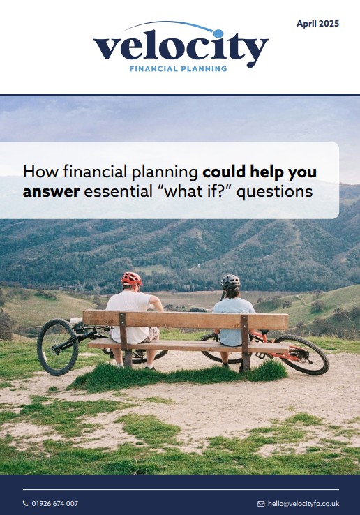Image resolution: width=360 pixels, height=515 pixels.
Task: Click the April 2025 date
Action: (x=317, y=24)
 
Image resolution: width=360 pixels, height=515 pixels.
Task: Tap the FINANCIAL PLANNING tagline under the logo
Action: (x=179, y=68)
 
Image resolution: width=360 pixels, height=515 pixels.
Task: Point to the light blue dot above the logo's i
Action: (x=218, y=33)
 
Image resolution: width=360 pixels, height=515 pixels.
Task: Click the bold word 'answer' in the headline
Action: (x=51, y=192)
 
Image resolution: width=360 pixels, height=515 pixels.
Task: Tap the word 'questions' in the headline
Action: (x=274, y=192)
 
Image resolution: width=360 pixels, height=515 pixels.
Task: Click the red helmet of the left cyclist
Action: (x=132, y=278)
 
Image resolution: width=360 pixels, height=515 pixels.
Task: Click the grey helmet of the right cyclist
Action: (x=230, y=282)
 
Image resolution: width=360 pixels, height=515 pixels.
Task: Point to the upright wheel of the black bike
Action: (x=57, y=347)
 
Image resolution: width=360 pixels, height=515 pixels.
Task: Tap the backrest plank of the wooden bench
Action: (x=186, y=320)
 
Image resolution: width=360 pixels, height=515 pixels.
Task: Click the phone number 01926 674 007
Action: (x=55, y=503)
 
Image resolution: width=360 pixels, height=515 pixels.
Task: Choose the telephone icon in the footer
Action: (x=25, y=503)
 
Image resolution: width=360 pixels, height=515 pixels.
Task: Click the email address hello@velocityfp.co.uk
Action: (x=303, y=504)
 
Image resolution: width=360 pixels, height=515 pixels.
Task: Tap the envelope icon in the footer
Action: (x=261, y=504)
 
